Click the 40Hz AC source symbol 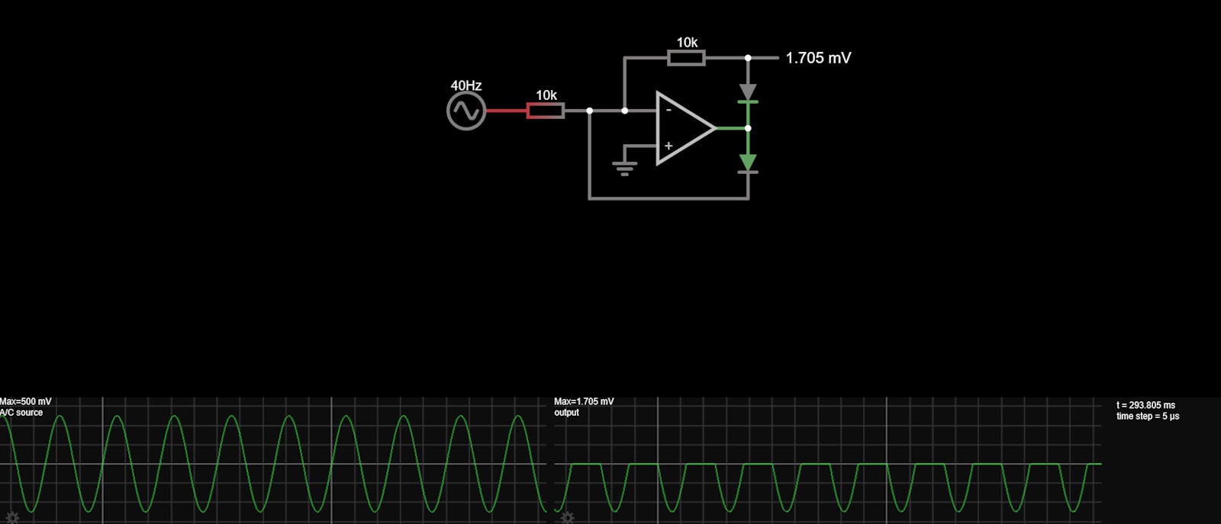466,111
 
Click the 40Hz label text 466,86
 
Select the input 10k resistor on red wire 546,111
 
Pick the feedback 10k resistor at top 686,58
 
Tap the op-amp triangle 684,128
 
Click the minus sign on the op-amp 668,111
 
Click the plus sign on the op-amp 668,146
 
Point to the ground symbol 624,167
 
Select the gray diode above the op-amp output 748,92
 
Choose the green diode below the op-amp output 748,162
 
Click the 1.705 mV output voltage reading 818,58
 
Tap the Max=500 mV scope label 26,401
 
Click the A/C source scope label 22,413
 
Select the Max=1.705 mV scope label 584,401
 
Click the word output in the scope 567,413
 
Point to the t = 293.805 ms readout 1145,405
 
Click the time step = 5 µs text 1148,416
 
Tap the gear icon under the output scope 567,518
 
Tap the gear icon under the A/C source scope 12,518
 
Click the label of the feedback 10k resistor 687,43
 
